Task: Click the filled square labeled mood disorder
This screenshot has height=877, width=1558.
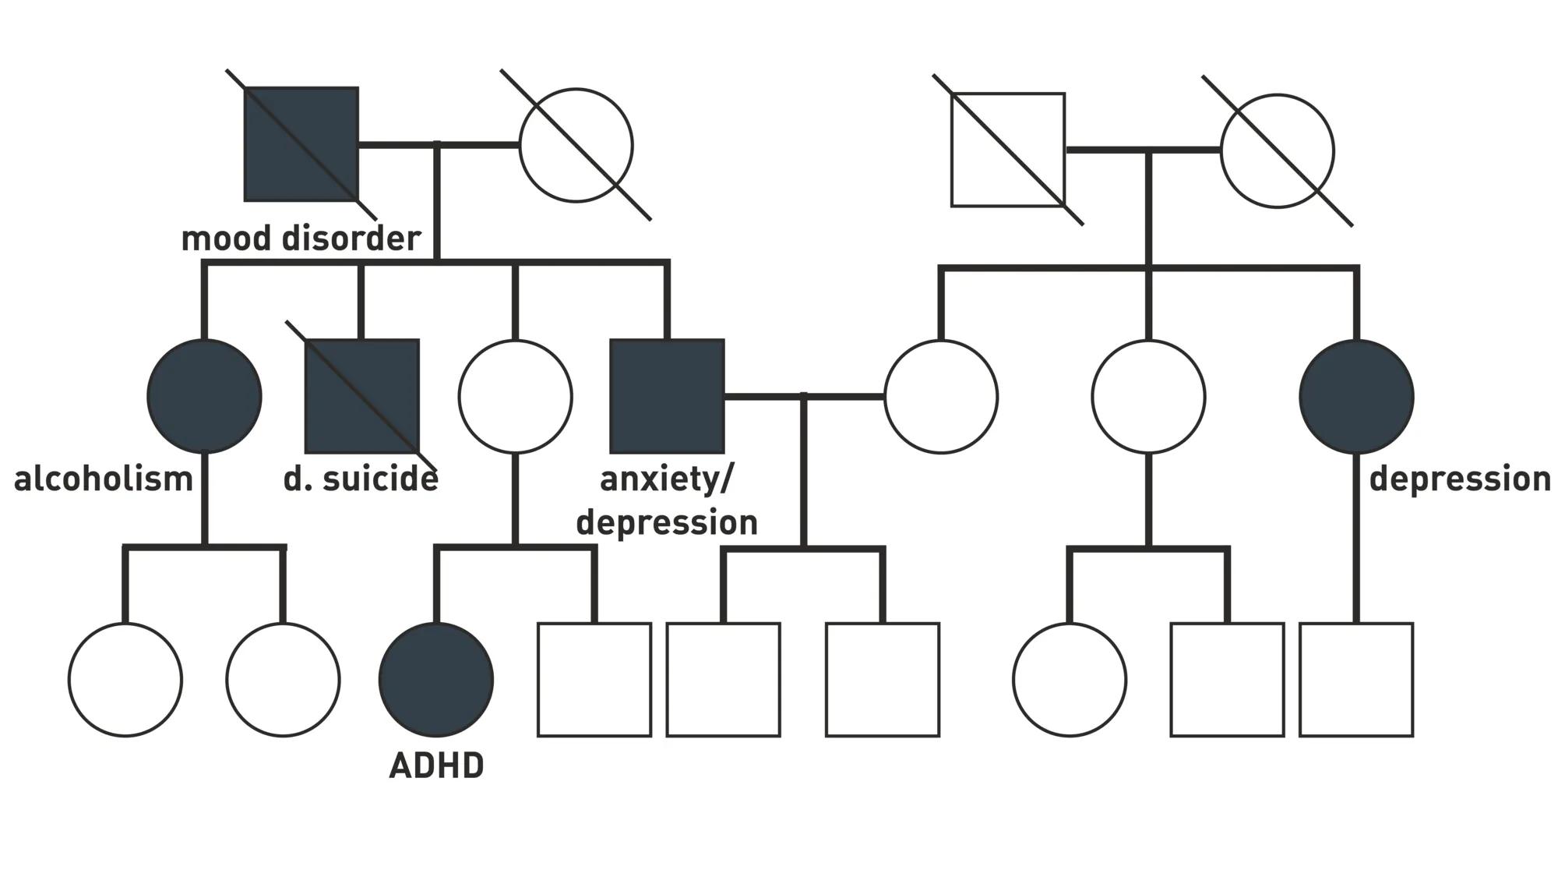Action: tap(301, 144)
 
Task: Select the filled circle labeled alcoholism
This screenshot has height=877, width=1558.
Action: tap(204, 396)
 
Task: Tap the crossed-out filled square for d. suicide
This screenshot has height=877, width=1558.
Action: tap(361, 396)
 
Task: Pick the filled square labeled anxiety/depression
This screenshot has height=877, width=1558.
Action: tap(667, 396)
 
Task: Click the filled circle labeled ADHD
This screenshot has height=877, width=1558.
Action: tap(436, 679)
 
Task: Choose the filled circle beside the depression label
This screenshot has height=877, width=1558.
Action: tap(1356, 396)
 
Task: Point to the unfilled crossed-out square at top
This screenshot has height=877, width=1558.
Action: tap(1008, 150)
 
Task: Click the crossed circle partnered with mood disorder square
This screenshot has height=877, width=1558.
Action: tap(576, 145)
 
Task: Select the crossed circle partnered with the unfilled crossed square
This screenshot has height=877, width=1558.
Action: tap(1277, 150)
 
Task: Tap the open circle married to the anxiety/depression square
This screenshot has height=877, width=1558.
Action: tap(941, 396)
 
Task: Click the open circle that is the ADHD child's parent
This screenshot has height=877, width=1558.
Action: tap(515, 396)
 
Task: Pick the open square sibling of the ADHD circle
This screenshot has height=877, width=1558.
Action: tap(594, 679)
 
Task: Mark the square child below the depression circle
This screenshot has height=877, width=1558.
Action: tap(1356, 679)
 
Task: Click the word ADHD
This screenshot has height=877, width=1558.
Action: tap(436, 766)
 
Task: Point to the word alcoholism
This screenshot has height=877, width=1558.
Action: tap(104, 479)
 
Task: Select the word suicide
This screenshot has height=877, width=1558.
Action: tap(380, 479)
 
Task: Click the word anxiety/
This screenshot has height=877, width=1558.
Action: tap(667, 479)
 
